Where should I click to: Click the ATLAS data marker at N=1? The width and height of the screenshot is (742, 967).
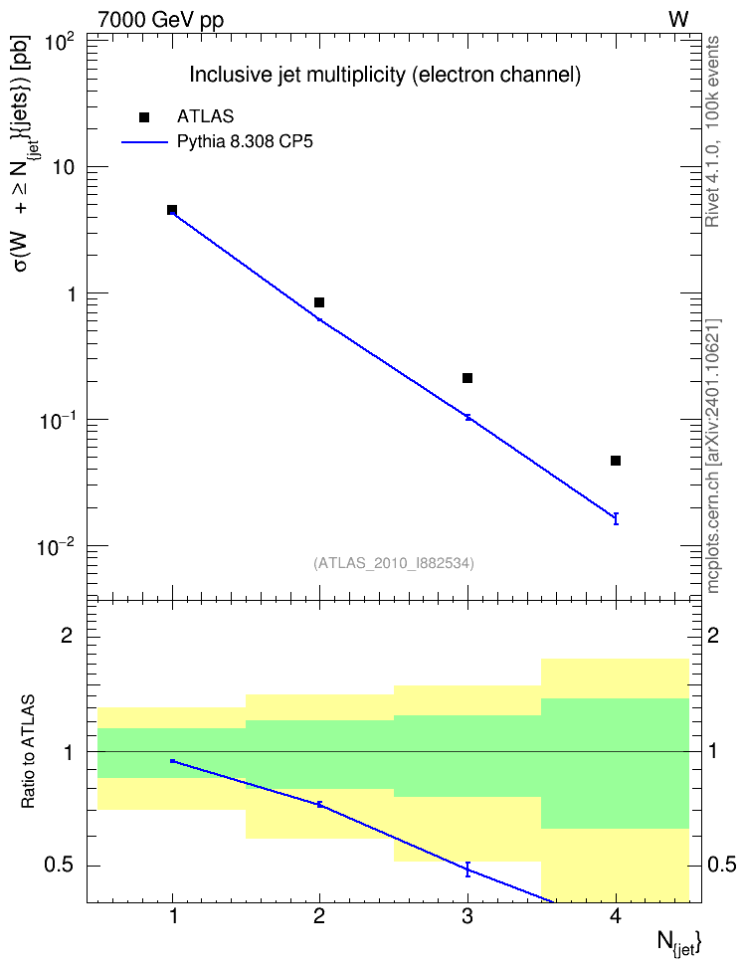(172, 210)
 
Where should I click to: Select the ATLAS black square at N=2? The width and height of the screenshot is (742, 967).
(319, 302)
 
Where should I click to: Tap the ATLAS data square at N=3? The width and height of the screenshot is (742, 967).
(467, 378)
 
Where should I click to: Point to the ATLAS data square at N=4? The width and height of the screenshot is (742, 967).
(616, 461)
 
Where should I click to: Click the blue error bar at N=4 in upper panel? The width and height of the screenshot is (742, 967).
(616, 518)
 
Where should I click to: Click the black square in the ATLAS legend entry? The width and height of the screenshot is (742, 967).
(143, 117)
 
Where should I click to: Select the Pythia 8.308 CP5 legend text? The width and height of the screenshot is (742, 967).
(245, 142)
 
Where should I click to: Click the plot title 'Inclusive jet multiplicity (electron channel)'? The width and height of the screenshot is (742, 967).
(385, 75)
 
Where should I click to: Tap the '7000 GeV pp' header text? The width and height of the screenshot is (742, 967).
(160, 20)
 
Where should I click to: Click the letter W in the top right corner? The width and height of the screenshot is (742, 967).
(678, 20)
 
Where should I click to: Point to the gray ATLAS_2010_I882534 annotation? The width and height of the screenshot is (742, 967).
(394, 563)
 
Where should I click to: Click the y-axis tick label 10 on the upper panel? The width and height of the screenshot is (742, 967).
(62, 167)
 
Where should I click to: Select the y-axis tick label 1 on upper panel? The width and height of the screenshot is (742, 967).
(71, 294)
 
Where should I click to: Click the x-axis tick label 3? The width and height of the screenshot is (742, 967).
(467, 916)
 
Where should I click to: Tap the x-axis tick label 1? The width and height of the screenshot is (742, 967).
(173, 916)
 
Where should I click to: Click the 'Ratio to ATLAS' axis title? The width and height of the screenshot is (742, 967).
(28, 752)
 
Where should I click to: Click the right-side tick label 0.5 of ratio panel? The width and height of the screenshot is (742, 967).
(722, 866)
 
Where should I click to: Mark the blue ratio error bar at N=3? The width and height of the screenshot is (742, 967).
(467, 869)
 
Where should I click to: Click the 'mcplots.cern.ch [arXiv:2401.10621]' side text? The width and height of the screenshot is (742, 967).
(713, 456)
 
